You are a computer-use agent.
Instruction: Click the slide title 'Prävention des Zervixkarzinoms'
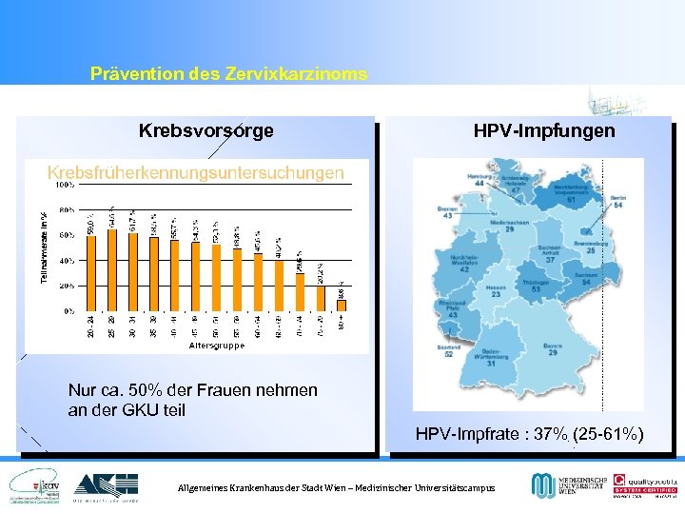(228, 73)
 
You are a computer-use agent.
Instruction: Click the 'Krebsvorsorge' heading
(206, 130)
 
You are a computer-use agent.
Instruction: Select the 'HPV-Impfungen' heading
(544, 130)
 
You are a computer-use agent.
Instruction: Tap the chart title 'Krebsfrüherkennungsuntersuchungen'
(196, 172)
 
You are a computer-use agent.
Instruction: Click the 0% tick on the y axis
(69, 310)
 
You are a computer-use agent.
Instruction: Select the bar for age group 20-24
(91, 271)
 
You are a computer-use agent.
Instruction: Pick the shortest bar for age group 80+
(342, 306)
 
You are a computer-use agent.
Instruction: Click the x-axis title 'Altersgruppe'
(217, 346)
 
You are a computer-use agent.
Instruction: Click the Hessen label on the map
(496, 291)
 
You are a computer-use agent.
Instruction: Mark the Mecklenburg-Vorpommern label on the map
(571, 194)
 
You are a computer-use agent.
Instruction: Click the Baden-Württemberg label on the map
(490, 359)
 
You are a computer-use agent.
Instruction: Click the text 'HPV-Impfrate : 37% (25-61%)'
(529, 435)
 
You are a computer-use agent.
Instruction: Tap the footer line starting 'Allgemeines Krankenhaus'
(337, 487)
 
